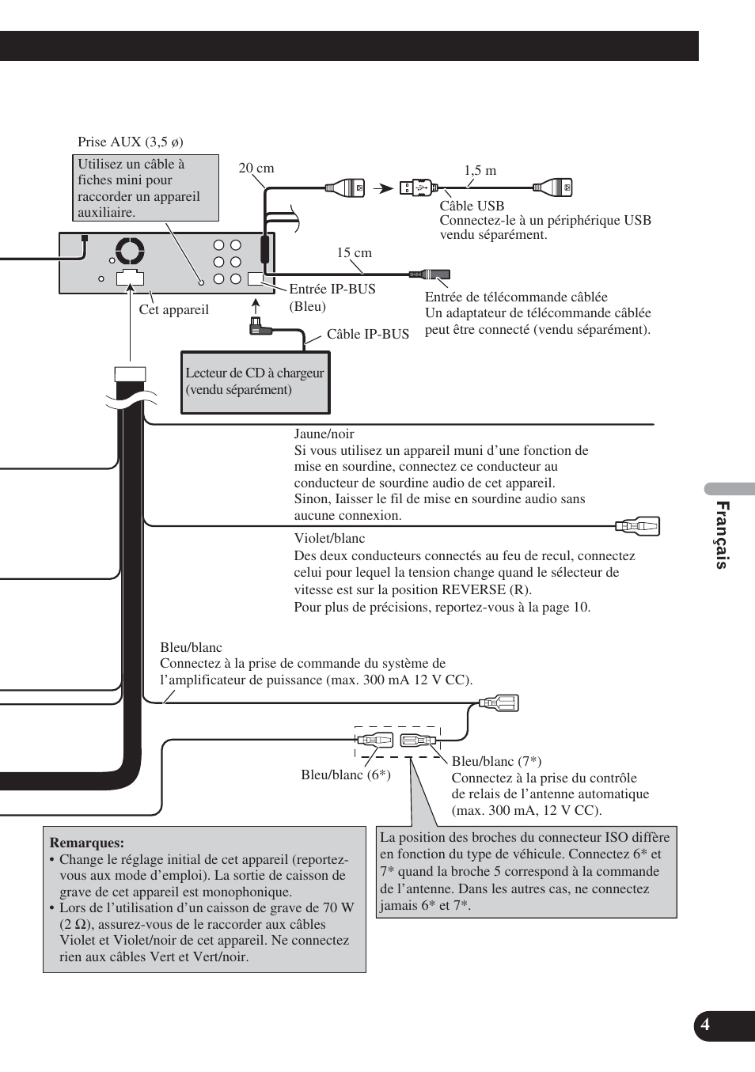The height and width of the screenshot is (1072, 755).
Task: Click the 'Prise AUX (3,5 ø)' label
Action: (x=131, y=142)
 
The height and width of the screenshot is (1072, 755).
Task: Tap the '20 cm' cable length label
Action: (x=256, y=169)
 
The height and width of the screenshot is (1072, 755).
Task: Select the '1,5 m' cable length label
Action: (x=480, y=171)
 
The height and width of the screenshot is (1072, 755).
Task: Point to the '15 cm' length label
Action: (x=354, y=253)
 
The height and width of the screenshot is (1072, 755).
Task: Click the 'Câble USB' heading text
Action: (x=472, y=206)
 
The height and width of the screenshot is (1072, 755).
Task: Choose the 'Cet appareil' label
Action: (x=174, y=310)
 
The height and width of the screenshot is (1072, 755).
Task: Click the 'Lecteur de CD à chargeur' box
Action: (x=255, y=382)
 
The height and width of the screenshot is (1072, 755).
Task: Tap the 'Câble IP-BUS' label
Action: (x=368, y=335)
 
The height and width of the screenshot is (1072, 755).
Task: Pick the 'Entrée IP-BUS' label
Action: (x=332, y=290)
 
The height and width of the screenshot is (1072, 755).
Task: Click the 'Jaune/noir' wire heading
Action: (x=324, y=434)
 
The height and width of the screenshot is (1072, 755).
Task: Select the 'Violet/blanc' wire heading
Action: (x=329, y=539)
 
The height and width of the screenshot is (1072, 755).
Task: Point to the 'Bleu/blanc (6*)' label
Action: (x=346, y=775)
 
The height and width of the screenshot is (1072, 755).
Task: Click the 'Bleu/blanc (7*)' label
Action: (x=496, y=762)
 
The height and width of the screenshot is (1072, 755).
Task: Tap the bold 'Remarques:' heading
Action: (x=87, y=843)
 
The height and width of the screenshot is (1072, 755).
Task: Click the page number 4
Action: (x=705, y=1025)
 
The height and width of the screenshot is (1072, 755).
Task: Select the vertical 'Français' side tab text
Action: (x=721, y=535)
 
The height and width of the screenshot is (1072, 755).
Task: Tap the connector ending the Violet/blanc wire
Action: (x=638, y=526)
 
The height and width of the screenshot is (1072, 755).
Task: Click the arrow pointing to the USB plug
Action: (x=384, y=188)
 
